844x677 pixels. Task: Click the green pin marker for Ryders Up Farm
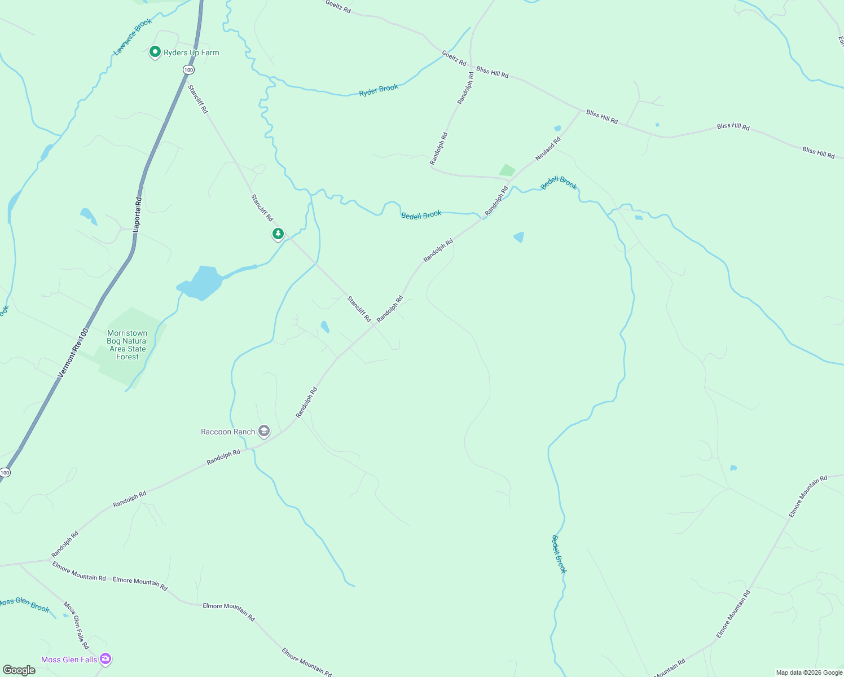pos(155,52)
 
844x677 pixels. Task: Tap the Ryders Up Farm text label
pos(191,52)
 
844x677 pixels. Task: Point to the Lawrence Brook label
pos(133,37)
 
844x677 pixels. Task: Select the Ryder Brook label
pos(379,90)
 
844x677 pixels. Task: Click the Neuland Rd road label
pos(548,148)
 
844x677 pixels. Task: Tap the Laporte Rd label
pos(137,214)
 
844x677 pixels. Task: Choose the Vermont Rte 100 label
pos(73,353)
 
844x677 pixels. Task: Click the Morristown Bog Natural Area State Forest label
pos(128,345)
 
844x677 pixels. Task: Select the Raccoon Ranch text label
pos(228,432)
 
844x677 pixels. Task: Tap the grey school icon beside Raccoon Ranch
pos(263,432)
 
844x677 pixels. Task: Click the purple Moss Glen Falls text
pos(69,660)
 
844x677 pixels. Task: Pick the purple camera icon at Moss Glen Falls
pos(105,658)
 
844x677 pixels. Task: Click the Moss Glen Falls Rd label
pos(76,625)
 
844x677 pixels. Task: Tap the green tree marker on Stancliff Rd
pos(278,234)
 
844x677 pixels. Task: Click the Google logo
pos(19,670)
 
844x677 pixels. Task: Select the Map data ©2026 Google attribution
pos(809,672)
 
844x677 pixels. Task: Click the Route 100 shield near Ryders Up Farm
pos(188,70)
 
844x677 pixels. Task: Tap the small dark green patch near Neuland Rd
pos(507,170)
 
